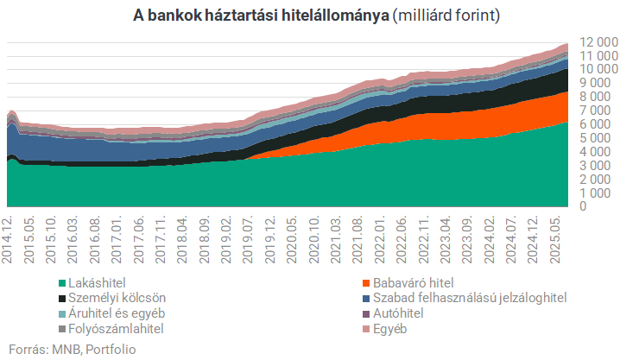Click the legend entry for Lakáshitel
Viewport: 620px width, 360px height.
98,282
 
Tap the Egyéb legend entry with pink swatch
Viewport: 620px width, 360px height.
394,329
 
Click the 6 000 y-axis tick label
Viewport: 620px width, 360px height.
597,123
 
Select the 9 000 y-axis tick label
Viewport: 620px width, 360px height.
597,83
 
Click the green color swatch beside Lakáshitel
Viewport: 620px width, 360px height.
60,282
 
